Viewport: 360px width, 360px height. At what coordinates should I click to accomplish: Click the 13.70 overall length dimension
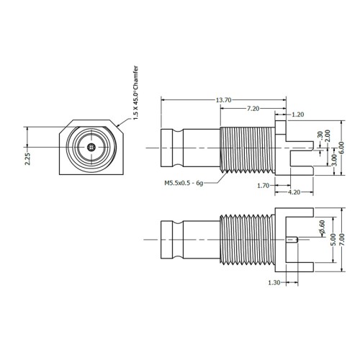[223, 100]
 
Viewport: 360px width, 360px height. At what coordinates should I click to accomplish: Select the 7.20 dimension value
[253, 109]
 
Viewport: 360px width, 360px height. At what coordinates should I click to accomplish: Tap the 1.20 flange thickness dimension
[298, 114]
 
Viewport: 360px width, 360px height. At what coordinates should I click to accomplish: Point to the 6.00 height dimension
[342, 148]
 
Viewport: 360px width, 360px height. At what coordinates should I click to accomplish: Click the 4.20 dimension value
[294, 192]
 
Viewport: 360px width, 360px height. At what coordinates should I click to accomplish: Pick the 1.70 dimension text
[264, 186]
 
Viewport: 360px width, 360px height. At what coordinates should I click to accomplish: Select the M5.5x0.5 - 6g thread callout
[184, 183]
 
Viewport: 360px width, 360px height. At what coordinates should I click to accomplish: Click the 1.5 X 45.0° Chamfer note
[135, 93]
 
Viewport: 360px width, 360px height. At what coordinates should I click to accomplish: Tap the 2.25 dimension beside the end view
[27, 159]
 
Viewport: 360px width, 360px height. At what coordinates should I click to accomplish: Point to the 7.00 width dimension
[342, 239]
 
